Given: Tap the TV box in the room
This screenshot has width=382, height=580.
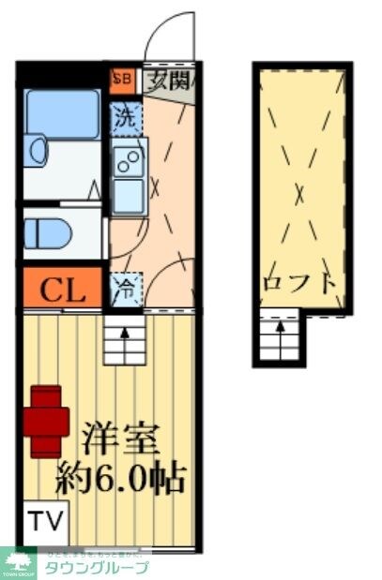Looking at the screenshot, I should point(41,519).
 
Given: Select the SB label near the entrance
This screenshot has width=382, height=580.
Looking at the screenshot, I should point(122,80).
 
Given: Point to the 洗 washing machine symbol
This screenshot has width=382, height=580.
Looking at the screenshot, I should point(124,118).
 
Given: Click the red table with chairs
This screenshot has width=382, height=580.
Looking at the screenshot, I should point(47,421).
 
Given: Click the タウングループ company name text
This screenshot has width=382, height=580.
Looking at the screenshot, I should point(97,567).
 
